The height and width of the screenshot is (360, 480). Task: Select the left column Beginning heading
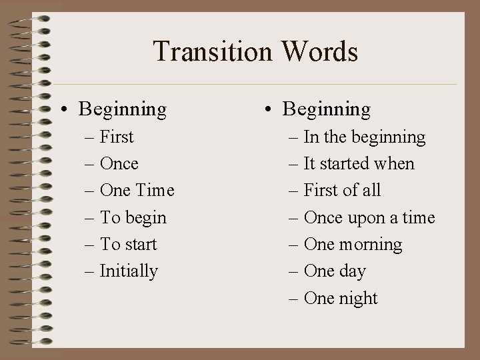point(122,109)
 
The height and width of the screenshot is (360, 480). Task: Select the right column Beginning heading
point(326,109)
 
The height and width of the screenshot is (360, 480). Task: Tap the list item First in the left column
point(116,137)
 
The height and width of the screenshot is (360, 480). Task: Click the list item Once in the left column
point(119,164)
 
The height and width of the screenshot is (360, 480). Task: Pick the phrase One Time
point(136,191)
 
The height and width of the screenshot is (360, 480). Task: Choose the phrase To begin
point(133,218)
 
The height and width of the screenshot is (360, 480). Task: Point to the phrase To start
point(128,245)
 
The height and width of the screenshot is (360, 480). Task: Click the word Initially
point(129,271)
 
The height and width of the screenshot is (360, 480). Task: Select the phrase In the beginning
point(364,137)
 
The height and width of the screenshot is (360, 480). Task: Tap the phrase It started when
point(359,164)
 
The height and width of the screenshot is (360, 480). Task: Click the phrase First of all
point(342,191)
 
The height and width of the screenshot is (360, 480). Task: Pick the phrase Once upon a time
point(369,218)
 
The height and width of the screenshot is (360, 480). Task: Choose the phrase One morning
point(353,245)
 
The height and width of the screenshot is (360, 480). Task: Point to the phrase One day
point(334,271)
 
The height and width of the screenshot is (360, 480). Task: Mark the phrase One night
point(340,298)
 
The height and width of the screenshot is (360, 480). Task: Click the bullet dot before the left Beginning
point(68,109)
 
